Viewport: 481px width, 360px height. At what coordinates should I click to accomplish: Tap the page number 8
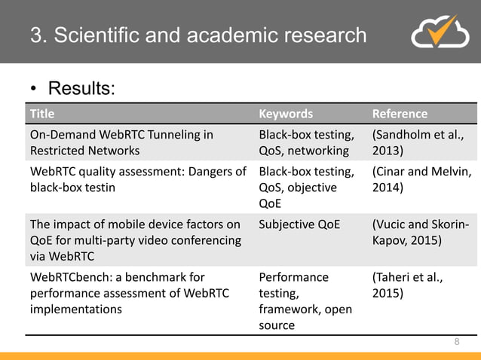(456, 342)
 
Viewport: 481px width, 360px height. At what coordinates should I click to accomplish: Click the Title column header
(42, 114)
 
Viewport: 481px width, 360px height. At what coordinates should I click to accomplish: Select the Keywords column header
(286, 114)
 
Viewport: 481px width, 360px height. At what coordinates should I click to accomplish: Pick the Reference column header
(400, 114)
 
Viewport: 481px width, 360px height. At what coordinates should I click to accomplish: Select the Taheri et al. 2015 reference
(408, 284)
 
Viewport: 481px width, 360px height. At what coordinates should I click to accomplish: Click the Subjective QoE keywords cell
(301, 224)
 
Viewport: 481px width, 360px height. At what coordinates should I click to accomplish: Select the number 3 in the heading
(35, 35)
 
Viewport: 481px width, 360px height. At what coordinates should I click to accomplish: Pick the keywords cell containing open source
(305, 301)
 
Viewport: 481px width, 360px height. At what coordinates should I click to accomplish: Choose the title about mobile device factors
(135, 239)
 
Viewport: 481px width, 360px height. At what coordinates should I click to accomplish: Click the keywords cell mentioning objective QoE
(306, 187)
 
